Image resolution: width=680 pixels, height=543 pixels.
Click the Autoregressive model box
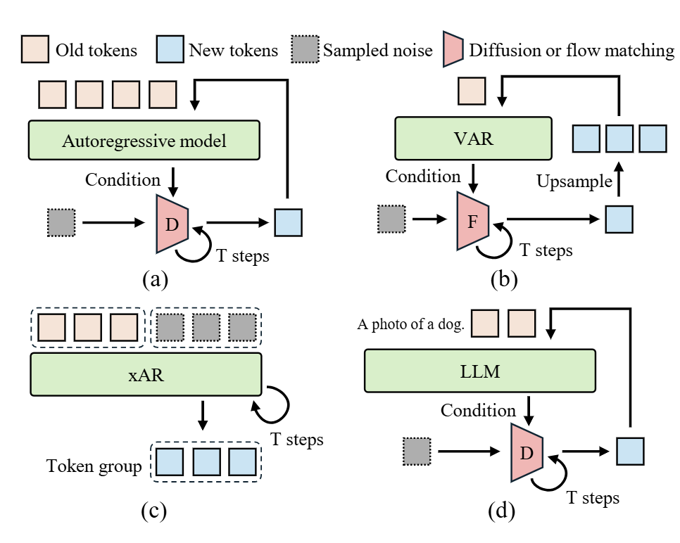[x=144, y=141]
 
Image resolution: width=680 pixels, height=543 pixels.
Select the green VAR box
[x=473, y=138]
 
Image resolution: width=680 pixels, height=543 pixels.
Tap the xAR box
[x=146, y=374]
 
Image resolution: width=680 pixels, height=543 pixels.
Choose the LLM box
[x=479, y=371]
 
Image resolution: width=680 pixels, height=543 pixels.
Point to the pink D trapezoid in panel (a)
[x=172, y=224]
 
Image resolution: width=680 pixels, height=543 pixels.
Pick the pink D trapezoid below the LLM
[x=525, y=452]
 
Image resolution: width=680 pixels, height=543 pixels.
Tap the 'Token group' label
[x=93, y=466]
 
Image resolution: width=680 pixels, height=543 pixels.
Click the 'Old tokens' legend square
[x=34, y=49]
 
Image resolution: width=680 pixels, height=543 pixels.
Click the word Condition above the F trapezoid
[x=424, y=177]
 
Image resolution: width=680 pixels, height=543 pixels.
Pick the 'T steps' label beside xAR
[x=297, y=440]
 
